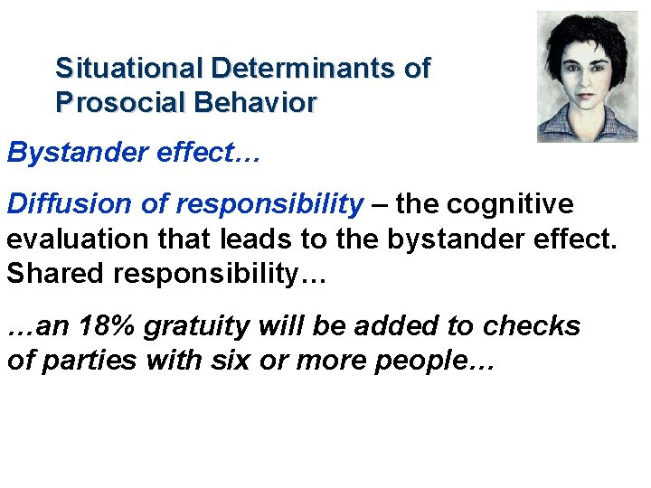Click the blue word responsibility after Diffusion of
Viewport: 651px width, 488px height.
[x=269, y=205]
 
